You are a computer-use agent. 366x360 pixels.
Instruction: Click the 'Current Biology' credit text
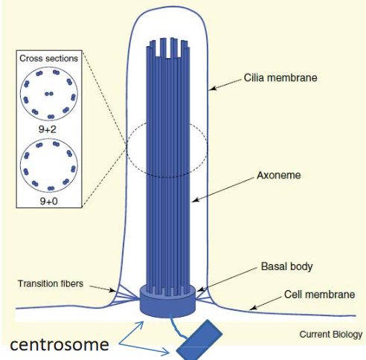click(x=330, y=335)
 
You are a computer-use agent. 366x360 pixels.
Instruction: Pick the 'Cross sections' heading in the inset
click(x=50, y=59)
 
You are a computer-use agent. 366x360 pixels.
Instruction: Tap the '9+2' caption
click(x=49, y=129)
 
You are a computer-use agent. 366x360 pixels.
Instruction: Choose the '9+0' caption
click(x=50, y=200)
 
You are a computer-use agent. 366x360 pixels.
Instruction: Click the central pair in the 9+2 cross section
click(x=49, y=94)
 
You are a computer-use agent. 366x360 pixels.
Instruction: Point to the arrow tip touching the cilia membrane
click(x=210, y=90)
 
